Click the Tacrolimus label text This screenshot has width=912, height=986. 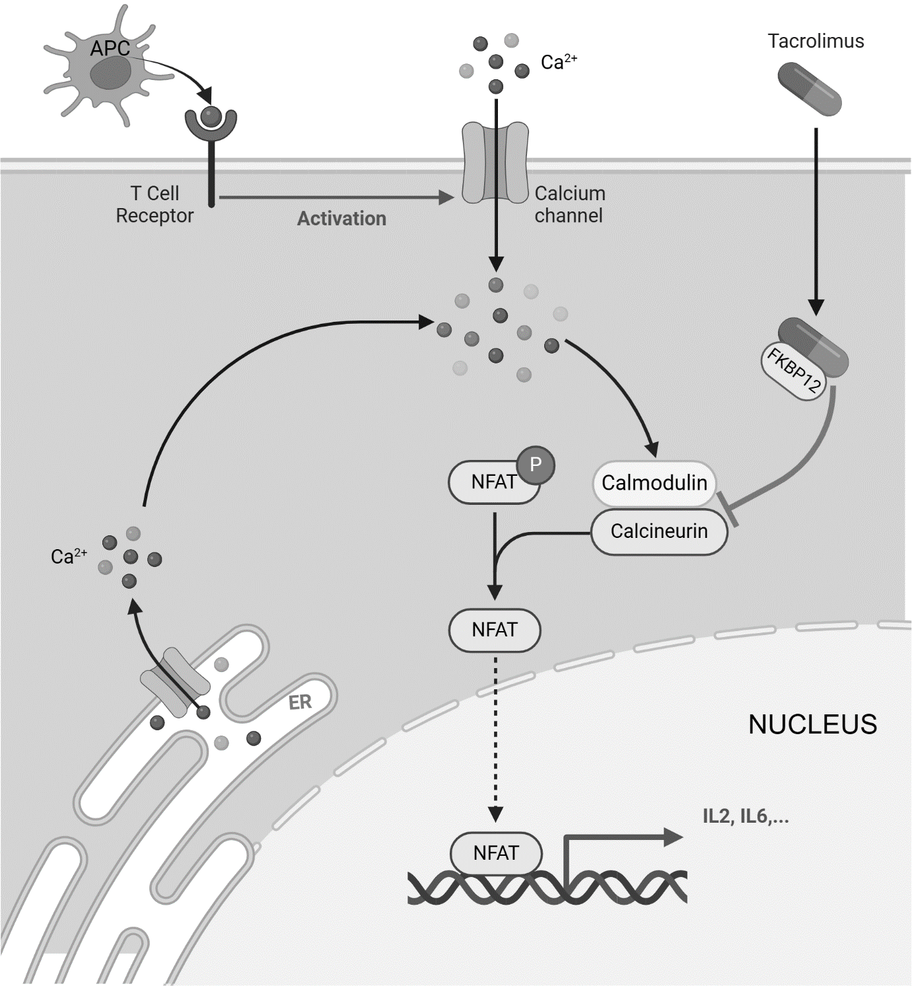(816, 41)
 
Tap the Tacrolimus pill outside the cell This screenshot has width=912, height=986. (810, 89)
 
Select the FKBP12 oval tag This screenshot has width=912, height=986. (793, 372)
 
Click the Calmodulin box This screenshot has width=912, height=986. (654, 482)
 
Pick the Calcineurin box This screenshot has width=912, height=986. (658, 531)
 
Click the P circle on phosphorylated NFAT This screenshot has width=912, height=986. (536, 465)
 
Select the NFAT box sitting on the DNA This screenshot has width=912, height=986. (496, 853)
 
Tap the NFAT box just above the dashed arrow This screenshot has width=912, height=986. (495, 630)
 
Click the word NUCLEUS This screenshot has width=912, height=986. (812, 724)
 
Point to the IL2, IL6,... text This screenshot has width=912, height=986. (746, 817)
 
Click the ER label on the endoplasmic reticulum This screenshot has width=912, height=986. (300, 702)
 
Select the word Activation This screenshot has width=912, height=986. (341, 219)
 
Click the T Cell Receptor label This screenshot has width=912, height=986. (155, 204)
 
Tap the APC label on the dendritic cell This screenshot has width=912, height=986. (110, 48)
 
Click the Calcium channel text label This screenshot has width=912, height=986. (569, 204)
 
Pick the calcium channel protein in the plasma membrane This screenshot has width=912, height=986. (495, 162)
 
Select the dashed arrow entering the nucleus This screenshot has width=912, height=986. (495, 734)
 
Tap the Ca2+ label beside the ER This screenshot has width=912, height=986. (69, 556)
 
